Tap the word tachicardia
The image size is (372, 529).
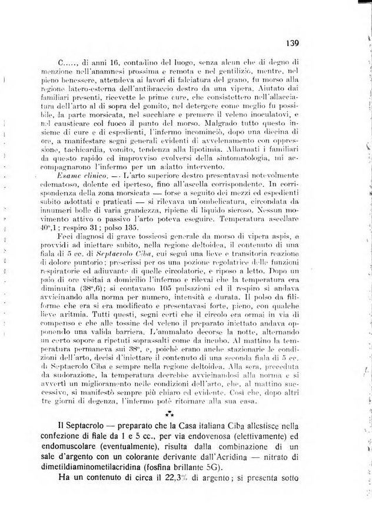[x=77, y=150]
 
